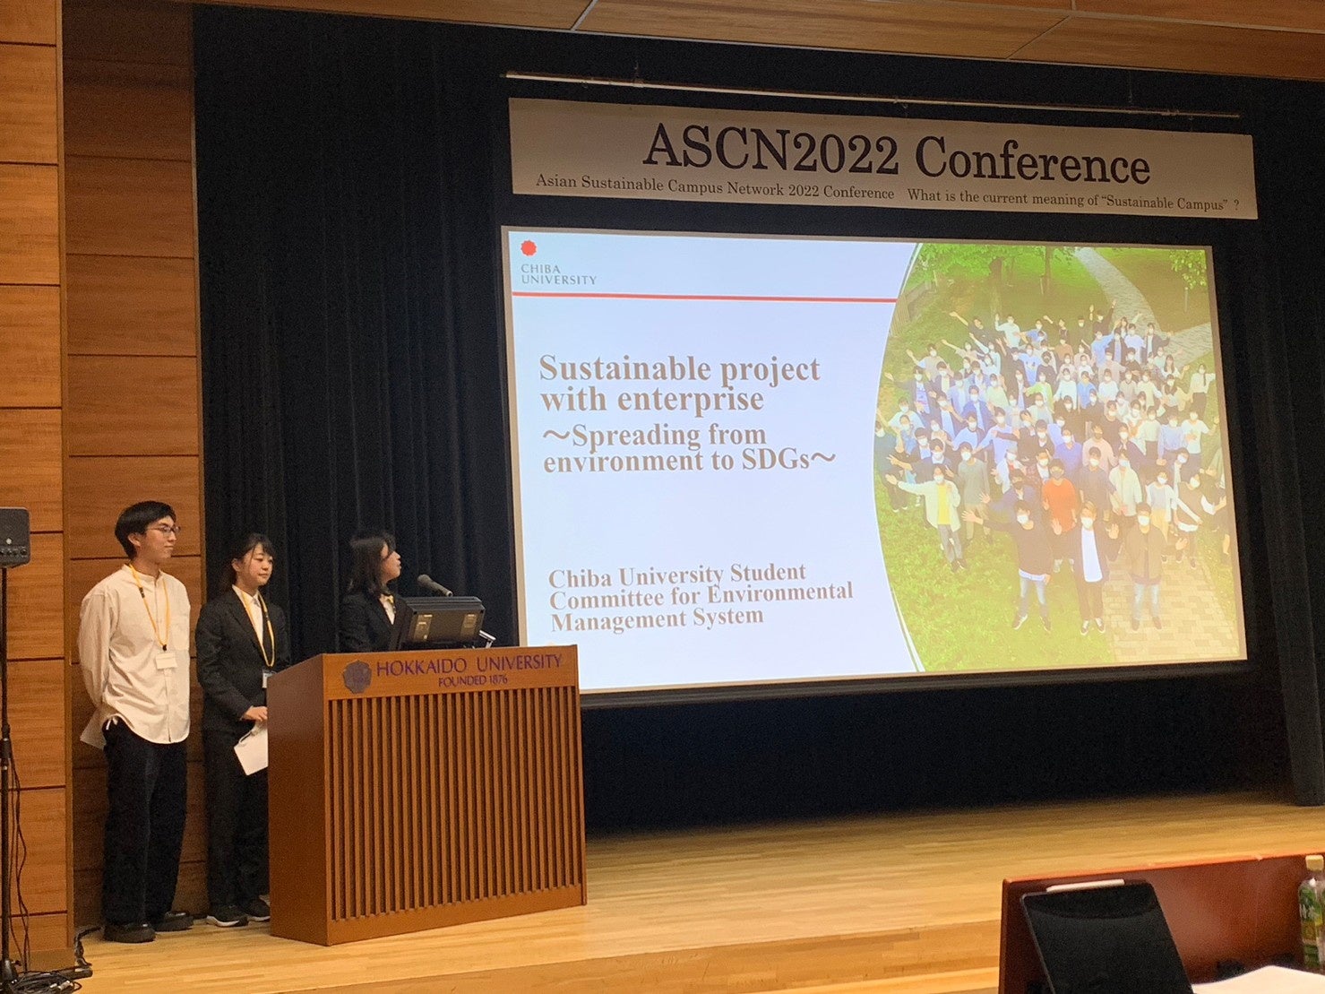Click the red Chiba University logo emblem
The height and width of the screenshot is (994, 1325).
point(529,248)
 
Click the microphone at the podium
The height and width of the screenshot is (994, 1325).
point(434,584)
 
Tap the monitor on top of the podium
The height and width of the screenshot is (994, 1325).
point(443,620)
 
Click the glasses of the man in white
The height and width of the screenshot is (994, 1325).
point(163,531)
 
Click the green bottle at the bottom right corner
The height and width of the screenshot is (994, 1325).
point(1312,917)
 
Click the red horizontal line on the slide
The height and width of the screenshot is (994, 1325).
point(703,297)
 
